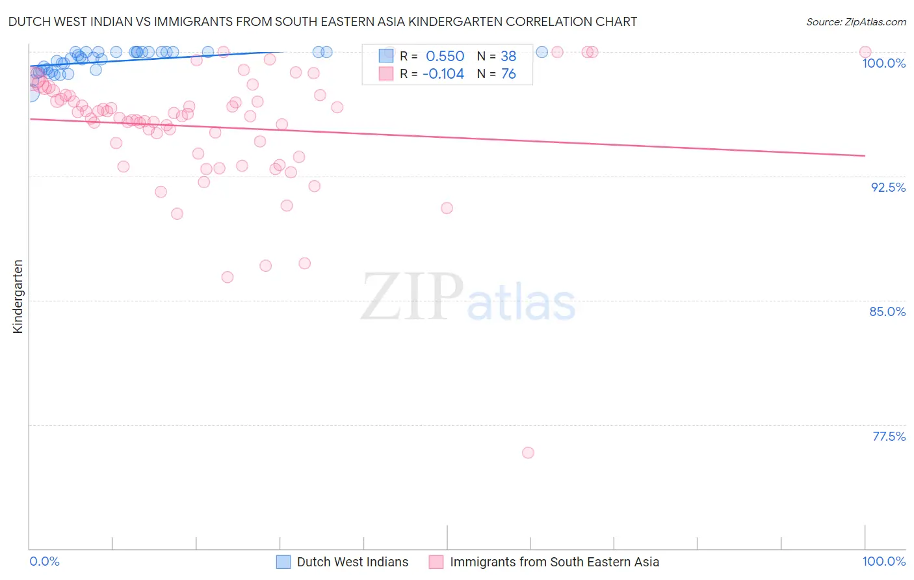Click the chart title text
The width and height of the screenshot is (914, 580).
pyautogui.click(x=322, y=21)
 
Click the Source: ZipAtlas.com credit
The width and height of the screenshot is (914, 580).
pyautogui.click(x=855, y=21)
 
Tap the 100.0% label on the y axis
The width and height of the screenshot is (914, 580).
pyautogui.click(x=883, y=63)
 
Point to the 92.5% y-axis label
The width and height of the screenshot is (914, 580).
pyautogui.click(x=888, y=187)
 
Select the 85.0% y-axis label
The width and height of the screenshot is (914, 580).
pyautogui.click(x=887, y=311)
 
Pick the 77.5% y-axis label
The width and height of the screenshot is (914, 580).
pyautogui.click(x=889, y=436)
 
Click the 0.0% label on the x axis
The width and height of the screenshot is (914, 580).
pyautogui.click(x=44, y=561)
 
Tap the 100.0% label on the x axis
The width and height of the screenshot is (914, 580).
pyautogui.click(x=883, y=561)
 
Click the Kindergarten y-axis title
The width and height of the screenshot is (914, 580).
pyautogui.click(x=18, y=297)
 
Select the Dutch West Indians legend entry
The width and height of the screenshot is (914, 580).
pyautogui.click(x=352, y=562)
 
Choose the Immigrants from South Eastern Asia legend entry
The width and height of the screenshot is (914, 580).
pyautogui.click(x=554, y=562)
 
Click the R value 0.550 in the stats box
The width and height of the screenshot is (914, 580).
pyautogui.click(x=445, y=57)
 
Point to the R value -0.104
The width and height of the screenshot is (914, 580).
pyautogui.click(x=443, y=74)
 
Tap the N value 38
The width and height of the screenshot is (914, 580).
pyautogui.click(x=508, y=57)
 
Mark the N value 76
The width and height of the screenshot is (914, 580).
pyautogui.click(x=508, y=74)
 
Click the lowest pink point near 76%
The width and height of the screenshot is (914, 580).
pyautogui.click(x=528, y=453)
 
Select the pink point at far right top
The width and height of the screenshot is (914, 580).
pyautogui.click(x=865, y=52)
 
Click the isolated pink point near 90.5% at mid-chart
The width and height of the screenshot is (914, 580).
pyautogui.click(x=447, y=208)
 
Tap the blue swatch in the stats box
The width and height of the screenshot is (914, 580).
pyautogui.click(x=386, y=56)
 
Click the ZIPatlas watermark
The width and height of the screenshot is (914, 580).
pyautogui.click(x=468, y=297)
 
